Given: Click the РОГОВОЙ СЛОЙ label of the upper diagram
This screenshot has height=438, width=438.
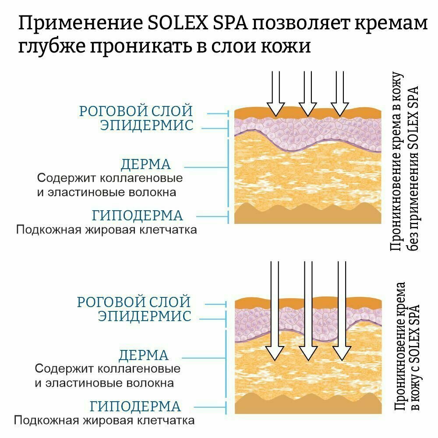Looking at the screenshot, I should click(x=136, y=111).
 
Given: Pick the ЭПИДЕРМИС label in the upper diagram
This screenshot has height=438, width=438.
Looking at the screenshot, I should click(x=147, y=125).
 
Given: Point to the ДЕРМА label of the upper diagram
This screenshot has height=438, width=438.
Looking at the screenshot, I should click(x=145, y=165).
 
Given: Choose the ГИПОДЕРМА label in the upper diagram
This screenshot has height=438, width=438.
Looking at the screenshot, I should click(x=137, y=215).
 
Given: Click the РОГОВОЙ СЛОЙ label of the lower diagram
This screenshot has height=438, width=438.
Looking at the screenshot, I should click(x=134, y=302).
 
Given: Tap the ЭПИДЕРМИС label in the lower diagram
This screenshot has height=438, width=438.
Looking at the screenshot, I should click(x=145, y=316).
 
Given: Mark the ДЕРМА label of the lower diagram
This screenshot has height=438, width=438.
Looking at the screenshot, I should click(x=144, y=355).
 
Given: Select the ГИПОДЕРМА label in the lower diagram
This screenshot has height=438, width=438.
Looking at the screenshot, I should click(x=135, y=406).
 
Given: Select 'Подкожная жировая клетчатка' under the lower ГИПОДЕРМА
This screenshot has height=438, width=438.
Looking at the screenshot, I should click(x=104, y=421).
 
